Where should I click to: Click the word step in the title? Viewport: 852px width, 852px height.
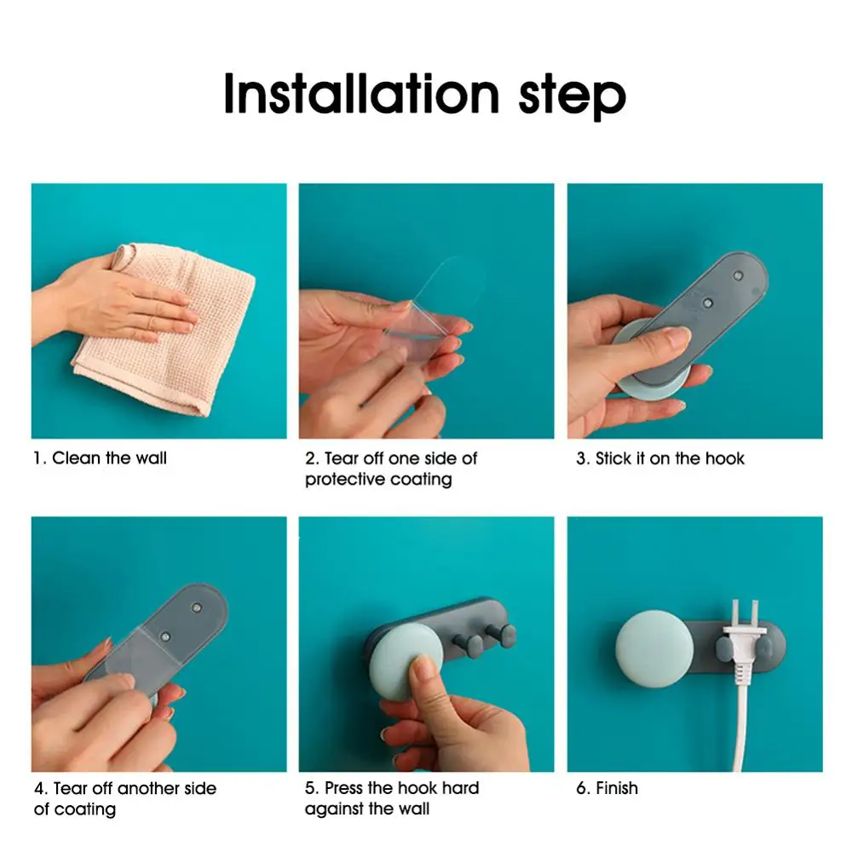[x=573, y=97]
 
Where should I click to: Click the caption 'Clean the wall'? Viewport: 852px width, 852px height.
[x=109, y=458]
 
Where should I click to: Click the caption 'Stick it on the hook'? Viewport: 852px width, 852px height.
[x=670, y=458]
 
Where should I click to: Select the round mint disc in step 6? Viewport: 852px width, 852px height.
[x=654, y=648]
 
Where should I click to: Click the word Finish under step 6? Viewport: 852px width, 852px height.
[x=617, y=788]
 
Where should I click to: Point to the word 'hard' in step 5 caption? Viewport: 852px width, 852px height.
[x=461, y=788]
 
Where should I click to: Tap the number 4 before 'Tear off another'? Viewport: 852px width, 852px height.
[x=39, y=788]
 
